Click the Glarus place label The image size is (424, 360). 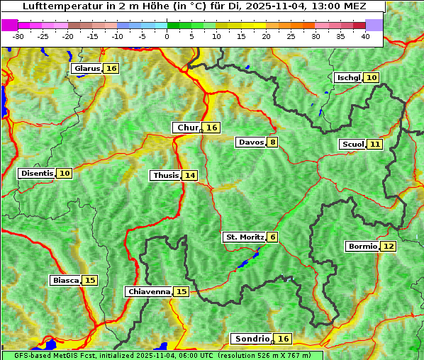[87, 69]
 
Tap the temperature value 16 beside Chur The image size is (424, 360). [212, 128]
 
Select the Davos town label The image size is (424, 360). [251, 142]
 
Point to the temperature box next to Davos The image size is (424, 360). [272, 142]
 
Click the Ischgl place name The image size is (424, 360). [348, 77]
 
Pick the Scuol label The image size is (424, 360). [352, 144]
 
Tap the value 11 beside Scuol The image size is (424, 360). [375, 144]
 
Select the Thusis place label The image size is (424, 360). [165, 175]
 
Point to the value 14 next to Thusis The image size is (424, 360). [189, 175]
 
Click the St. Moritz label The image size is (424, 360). [244, 237]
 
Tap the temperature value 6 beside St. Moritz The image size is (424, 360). [272, 237]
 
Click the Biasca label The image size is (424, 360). [65, 280]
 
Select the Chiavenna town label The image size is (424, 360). [148, 291]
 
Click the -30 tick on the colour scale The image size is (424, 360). [18, 36]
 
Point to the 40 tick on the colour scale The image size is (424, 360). [365, 36]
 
